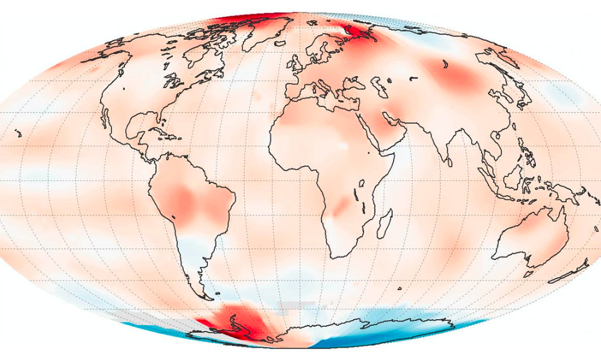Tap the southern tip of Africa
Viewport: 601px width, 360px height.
point(338,256)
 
